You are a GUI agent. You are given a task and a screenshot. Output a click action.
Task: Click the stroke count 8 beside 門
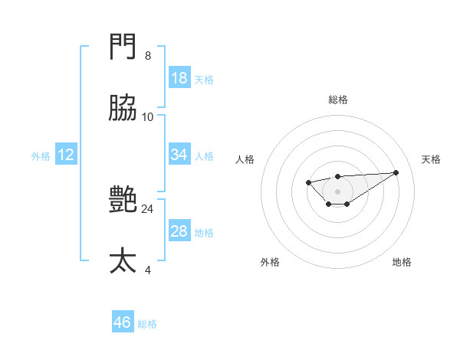[x=148, y=56]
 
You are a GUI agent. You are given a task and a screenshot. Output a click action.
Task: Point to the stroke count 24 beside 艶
[x=148, y=208]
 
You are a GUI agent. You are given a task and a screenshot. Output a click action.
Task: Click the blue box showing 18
[x=179, y=78]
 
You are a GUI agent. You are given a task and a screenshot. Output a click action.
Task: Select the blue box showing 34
[x=179, y=155]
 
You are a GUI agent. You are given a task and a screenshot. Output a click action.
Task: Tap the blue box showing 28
[x=179, y=231]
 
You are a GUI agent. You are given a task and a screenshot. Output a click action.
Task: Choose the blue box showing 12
[x=66, y=155]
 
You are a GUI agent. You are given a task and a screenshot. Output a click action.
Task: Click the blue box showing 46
[x=123, y=322]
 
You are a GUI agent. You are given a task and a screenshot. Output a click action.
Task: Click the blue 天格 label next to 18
[x=204, y=79]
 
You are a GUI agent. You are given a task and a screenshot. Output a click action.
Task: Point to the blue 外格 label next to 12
[x=41, y=155]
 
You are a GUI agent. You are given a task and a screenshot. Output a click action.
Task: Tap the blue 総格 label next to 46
[x=147, y=324]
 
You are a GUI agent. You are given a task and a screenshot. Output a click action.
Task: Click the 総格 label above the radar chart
[x=338, y=100]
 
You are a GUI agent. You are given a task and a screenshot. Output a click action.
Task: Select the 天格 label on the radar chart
[x=431, y=159]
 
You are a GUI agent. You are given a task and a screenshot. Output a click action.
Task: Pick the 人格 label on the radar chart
[x=245, y=159]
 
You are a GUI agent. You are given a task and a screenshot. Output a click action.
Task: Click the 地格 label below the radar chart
[x=402, y=262]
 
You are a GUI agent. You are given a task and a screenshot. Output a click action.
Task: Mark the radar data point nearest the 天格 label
[x=396, y=172]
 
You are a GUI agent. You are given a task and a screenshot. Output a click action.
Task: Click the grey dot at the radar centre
[x=338, y=191]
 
